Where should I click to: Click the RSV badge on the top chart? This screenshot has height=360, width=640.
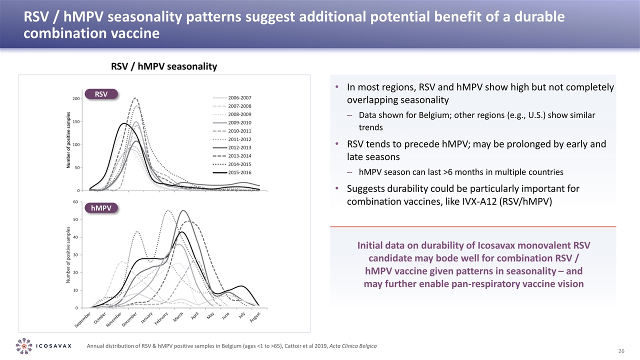(x=101, y=93)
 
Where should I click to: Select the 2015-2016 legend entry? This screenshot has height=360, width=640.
(x=239, y=172)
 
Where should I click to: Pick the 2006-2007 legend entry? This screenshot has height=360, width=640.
(x=239, y=97)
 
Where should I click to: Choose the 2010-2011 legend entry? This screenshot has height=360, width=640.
(x=239, y=131)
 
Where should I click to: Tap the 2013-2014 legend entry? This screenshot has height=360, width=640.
(x=239, y=156)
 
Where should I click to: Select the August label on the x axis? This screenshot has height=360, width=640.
(x=255, y=317)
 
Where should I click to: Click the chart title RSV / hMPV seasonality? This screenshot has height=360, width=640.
(x=163, y=66)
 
